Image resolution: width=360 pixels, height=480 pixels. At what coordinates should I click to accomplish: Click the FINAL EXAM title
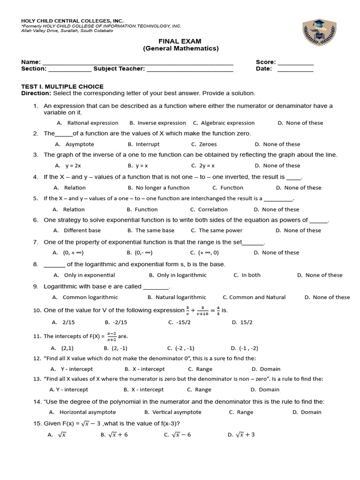coord(180,41)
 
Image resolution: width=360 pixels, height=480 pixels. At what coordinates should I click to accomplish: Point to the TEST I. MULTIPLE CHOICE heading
coord(62,87)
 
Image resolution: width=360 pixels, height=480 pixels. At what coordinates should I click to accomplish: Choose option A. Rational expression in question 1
coord(88,123)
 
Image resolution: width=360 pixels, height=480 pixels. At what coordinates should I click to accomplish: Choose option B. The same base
coord(150,230)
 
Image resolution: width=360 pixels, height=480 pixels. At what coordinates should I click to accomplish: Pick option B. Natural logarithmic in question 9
coord(177,297)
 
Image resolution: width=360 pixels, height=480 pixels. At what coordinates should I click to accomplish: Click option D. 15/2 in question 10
coord(242,322)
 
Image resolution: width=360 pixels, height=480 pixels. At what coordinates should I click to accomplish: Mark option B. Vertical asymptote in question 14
coord(173,412)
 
